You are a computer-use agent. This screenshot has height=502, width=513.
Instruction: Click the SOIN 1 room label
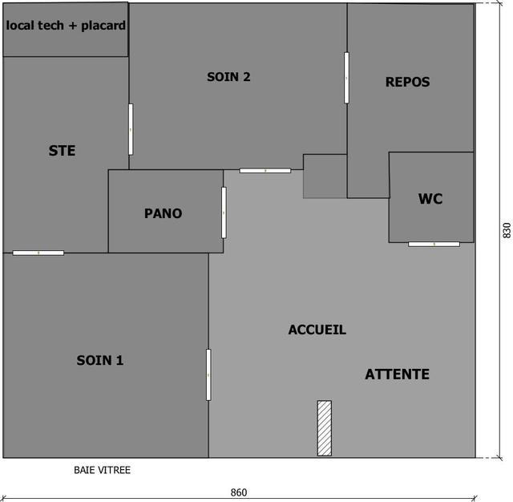click(x=99, y=360)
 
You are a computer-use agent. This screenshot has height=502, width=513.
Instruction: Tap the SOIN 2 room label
click(x=228, y=77)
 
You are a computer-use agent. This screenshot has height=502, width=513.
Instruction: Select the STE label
click(x=63, y=151)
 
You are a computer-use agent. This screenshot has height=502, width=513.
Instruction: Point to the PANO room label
click(x=164, y=213)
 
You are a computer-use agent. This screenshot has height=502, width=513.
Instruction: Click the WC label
click(x=430, y=199)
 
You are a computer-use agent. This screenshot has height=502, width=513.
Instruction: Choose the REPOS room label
click(x=408, y=82)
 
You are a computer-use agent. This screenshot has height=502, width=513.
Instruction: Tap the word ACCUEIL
click(x=317, y=330)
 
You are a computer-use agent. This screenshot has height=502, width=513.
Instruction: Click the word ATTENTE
click(x=398, y=374)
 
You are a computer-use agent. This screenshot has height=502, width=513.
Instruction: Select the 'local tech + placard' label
click(x=66, y=26)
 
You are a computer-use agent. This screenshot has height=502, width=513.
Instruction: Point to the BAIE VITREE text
click(x=102, y=470)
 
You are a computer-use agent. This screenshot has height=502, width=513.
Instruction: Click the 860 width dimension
click(x=239, y=492)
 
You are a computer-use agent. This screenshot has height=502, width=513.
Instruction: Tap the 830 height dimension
click(x=507, y=230)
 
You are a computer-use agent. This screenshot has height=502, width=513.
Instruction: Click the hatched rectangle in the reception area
click(x=325, y=428)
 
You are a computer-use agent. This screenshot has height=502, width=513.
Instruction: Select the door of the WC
click(x=434, y=244)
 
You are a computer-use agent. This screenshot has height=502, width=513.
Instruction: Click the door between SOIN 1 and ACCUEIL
click(x=208, y=374)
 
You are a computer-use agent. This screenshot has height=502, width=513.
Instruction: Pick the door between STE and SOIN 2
click(x=131, y=129)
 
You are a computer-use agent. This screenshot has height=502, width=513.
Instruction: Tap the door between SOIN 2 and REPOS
click(x=346, y=78)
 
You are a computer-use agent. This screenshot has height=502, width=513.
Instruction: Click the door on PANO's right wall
click(x=224, y=213)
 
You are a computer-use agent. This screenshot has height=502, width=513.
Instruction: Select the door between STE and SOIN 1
click(x=38, y=253)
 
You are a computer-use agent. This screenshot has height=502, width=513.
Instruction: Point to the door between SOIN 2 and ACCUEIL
click(x=265, y=171)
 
